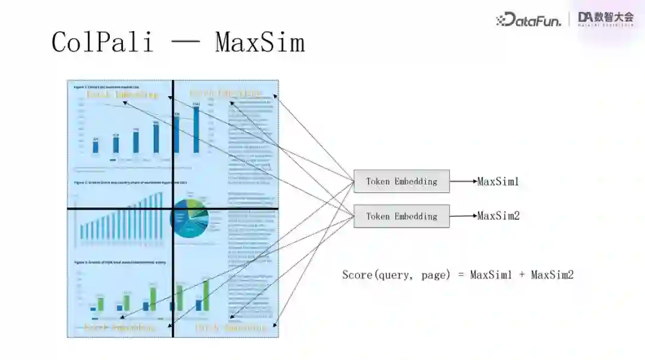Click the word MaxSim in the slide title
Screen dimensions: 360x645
point(260,42)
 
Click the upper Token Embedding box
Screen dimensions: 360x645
point(401,181)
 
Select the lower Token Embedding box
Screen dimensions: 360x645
point(401,216)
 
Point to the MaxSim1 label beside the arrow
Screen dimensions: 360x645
point(498,181)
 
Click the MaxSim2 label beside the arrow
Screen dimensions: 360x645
point(498,216)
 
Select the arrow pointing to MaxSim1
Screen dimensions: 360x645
point(463,181)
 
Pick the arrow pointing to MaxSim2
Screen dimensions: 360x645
point(463,216)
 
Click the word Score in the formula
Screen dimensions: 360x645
point(357,275)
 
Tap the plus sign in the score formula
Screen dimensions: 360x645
point(523,275)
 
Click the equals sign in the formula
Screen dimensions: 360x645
point(460,275)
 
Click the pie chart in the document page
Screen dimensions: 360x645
point(189,218)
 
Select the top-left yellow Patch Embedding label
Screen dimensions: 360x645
point(122,94)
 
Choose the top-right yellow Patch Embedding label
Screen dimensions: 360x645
point(226,93)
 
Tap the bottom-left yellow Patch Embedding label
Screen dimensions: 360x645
point(119,327)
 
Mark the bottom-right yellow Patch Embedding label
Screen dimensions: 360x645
point(231,327)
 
